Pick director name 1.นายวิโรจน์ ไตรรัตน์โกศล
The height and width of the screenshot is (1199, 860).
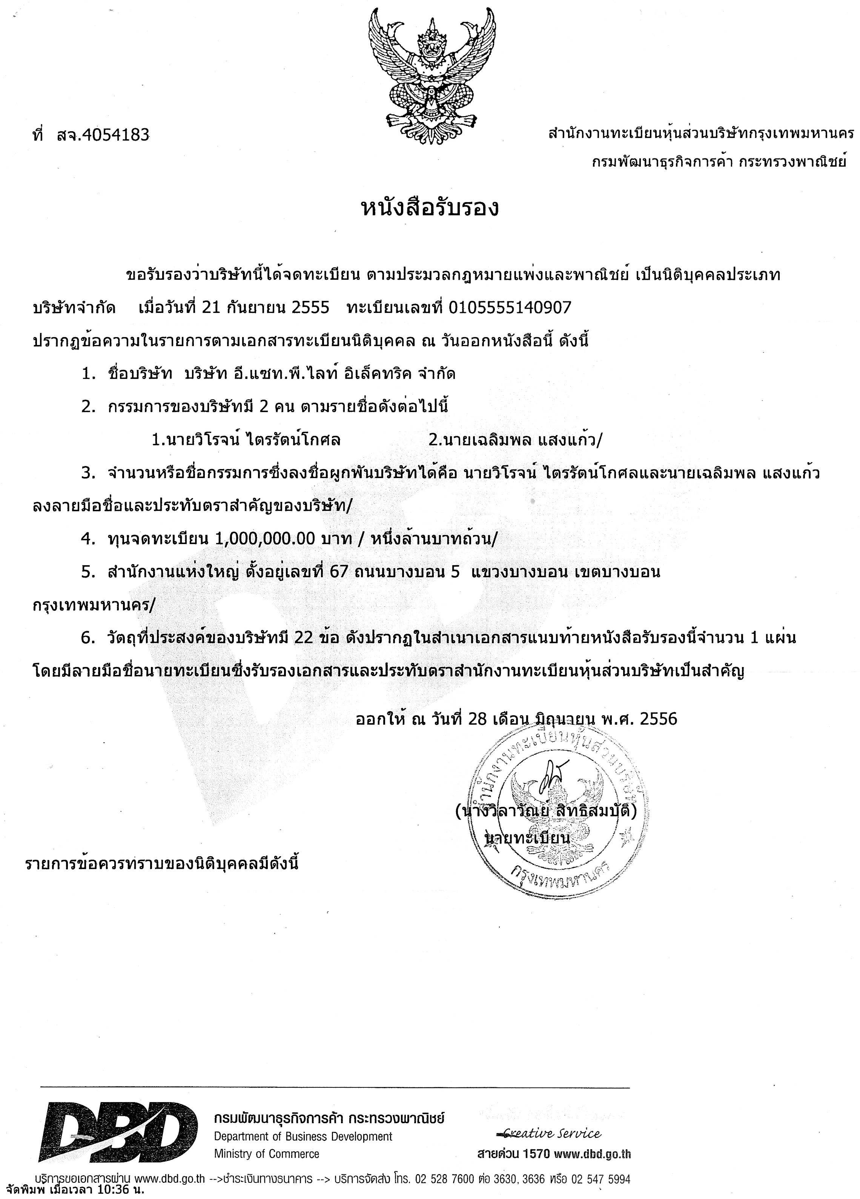(x=246, y=440)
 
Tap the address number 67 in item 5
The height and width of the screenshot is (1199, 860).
(x=338, y=572)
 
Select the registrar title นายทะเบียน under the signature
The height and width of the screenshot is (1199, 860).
(x=527, y=839)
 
